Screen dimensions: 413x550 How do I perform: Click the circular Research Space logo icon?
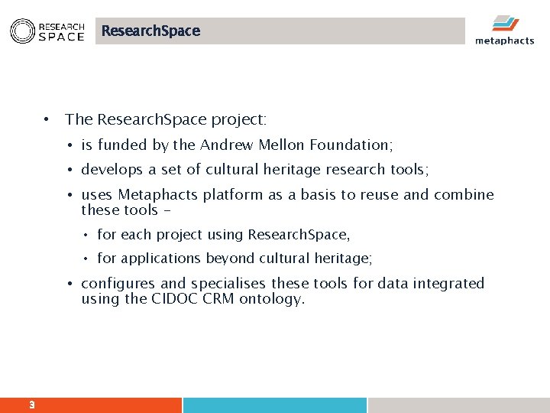coord(21,31)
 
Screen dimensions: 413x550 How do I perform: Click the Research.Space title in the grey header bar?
coord(150,31)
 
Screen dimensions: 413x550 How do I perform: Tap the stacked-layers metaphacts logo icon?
coord(505,24)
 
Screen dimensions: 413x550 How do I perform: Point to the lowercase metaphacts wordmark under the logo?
coord(504,41)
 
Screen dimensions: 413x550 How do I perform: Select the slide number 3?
coord(31,405)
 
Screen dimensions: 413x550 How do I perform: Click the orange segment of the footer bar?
coord(92,405)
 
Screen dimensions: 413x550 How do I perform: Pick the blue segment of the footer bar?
coord(275,405)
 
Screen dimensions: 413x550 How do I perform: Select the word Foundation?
coord(352,145)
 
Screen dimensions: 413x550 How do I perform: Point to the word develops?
coord(112,170)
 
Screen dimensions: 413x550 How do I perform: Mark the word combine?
coord(464,195)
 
